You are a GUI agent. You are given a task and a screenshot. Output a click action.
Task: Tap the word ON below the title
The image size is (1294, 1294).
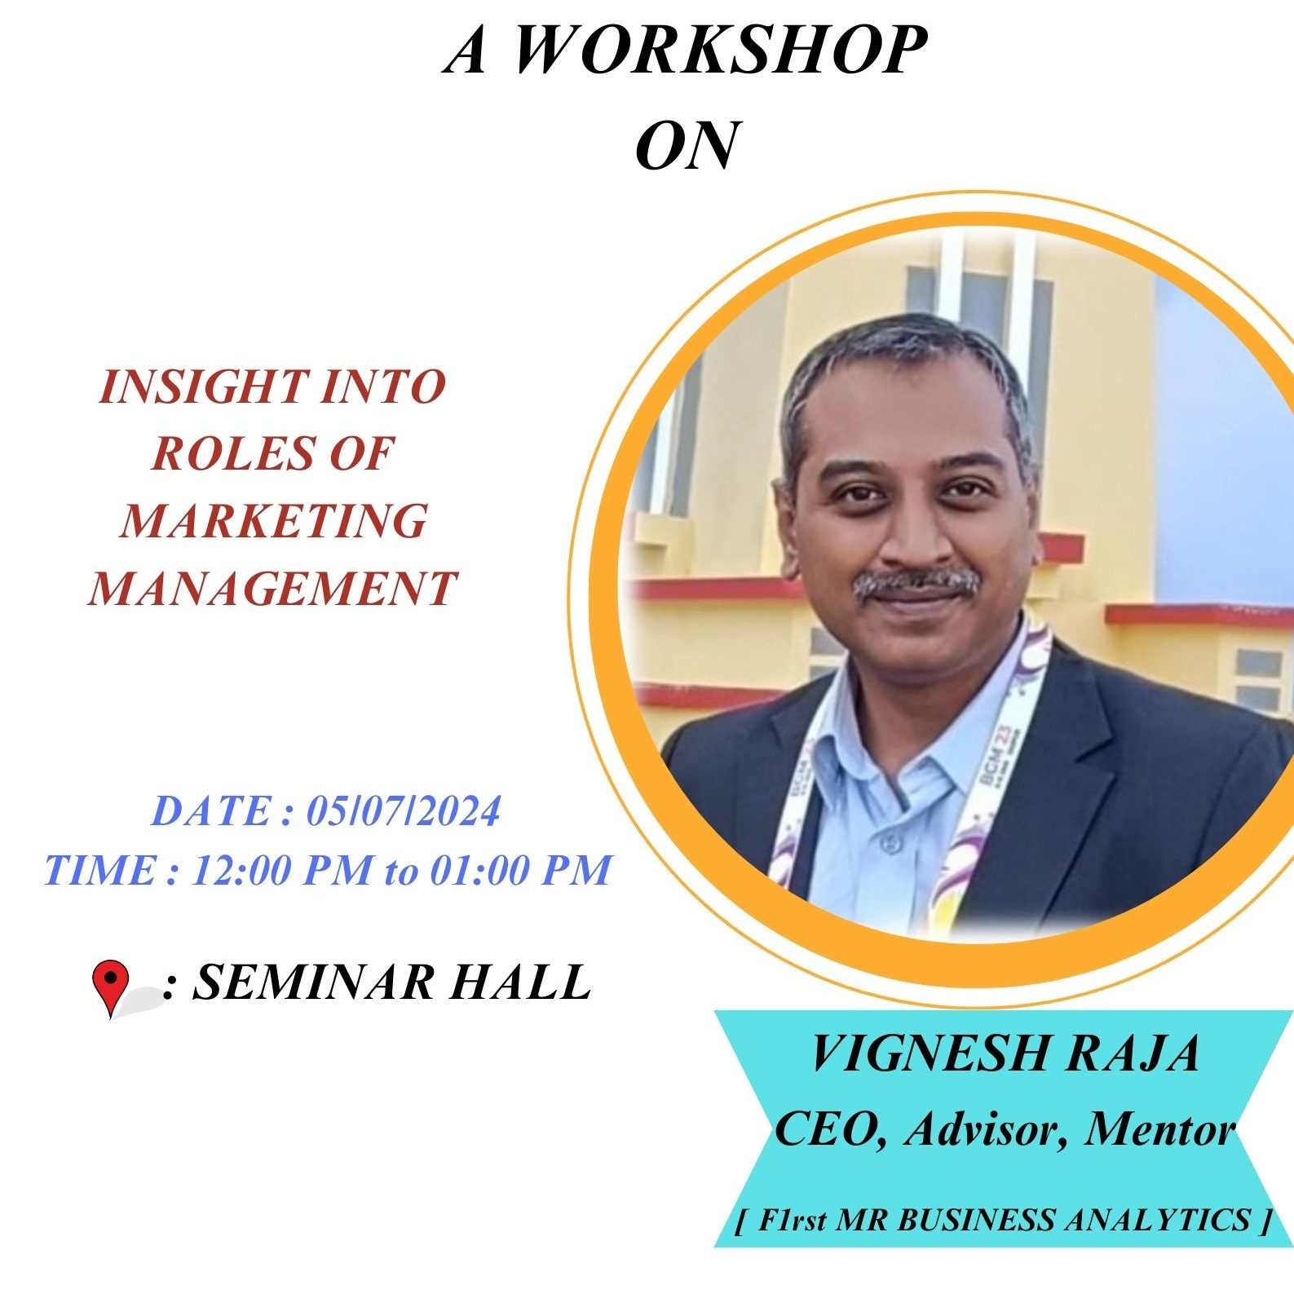pyautogui.click(x=687, y=145)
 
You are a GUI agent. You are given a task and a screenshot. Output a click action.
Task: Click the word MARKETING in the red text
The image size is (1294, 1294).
pyautogui.click(x=273, y=520)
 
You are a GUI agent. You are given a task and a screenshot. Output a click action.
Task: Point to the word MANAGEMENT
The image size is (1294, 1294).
pyautogui.click(x=272, y=588)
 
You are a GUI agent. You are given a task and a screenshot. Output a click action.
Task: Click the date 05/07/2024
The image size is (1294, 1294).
pyautogui.click(x=403, y=811)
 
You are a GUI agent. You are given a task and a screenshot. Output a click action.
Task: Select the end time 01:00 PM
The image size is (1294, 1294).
pyautogui.click(x=520, y=869)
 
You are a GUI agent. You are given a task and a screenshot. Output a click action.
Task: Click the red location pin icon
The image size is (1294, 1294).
pyautogui.click(x=111, y=987)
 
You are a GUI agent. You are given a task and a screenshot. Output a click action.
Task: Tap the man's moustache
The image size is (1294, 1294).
pyautogui.click(x=916, y=582)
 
